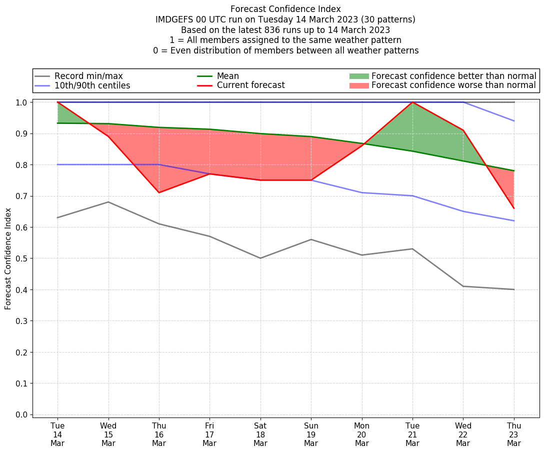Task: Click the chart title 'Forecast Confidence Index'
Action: [x=285, y=9]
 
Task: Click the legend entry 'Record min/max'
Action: [x=88, y=76]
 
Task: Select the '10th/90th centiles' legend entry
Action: [x=92, y=85]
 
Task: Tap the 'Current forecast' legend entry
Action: [x=250, y=85]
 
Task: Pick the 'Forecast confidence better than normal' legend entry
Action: [x=453, y=76]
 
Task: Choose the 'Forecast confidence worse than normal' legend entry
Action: [x=453, y=85]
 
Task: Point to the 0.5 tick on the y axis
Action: [x=22, y=258]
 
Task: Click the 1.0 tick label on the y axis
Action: [x=22, y=102]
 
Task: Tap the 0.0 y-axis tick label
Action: [x=22, y=414]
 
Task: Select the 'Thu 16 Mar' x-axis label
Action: [x=159, y=434]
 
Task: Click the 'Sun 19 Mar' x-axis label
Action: [x=311, y=434]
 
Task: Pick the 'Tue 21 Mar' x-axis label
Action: [x=412, y=434]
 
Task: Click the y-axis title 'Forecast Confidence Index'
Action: [x=8, y=258]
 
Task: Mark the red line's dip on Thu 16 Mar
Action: [x=159, y=192]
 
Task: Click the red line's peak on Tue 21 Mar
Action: [x=412, y=102]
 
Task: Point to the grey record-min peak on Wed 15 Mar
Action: [x=108, y=202]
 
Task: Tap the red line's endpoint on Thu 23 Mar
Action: [x=514, y=208]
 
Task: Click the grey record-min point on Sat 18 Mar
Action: [x=260, y=258]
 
